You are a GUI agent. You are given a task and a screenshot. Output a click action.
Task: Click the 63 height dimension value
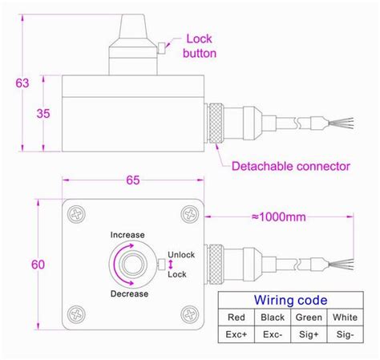coord(22,83)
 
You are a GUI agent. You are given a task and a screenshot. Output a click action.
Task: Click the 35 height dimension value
coord(45,113)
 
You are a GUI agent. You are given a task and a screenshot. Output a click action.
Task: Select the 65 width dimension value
coord(131,182)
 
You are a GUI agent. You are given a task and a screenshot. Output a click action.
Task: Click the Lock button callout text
coord(200,46)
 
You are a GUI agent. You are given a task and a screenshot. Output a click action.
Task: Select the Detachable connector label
coord(290,167)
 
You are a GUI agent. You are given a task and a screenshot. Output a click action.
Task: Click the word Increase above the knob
coord(127,235)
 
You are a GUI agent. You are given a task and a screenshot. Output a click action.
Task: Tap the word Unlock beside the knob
coord(181,255)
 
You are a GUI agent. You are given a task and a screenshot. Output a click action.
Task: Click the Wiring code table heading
coord(290,301)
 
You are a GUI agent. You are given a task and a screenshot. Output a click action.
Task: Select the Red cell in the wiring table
coord(236,318)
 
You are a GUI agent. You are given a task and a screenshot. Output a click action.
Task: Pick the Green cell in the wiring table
coord(309,318)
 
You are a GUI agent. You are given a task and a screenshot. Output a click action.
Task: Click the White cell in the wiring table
coord(345,318)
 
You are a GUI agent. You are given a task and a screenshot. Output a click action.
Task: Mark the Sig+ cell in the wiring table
coord(309,334)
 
